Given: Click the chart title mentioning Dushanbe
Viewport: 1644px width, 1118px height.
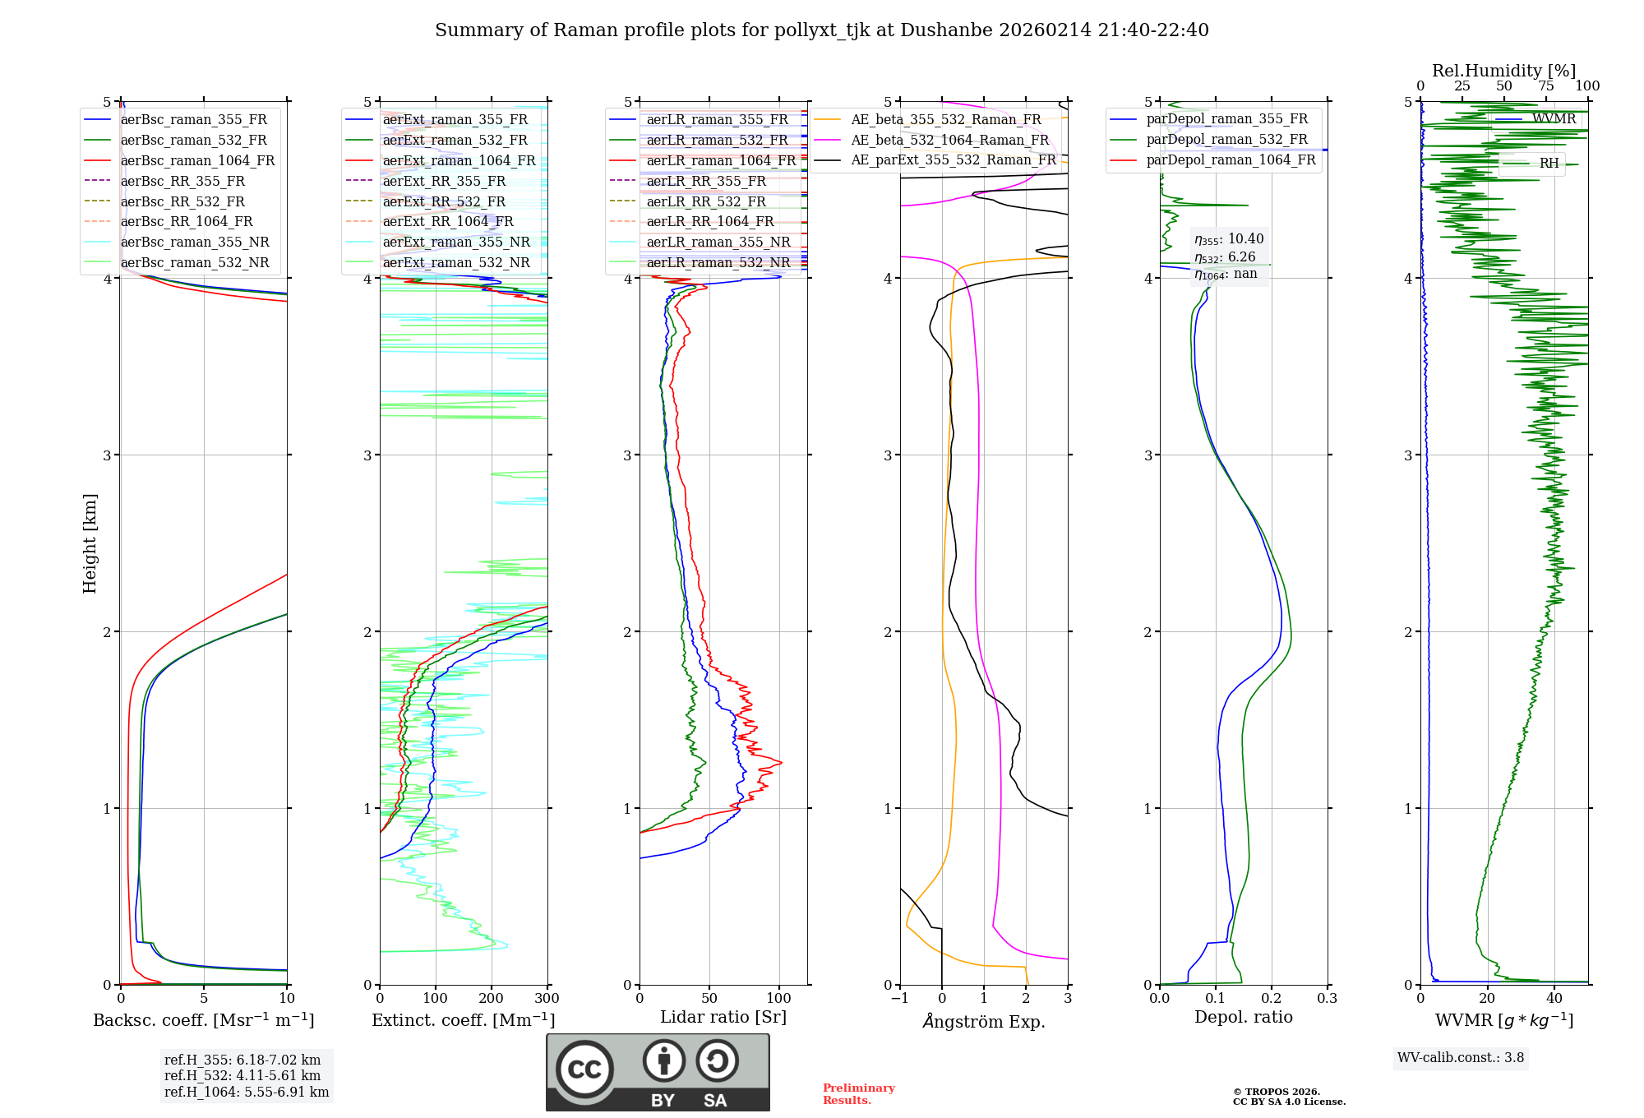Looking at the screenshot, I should pos(821,30).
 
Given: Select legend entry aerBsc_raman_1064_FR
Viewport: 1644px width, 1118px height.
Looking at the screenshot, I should pos(197,161).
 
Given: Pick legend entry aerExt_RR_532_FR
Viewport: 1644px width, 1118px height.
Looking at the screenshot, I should pos(443,201).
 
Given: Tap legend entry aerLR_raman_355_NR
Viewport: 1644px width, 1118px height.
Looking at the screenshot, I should pos(718,243).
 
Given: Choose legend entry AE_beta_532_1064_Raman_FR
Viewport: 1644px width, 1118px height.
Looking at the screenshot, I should pos(949,140).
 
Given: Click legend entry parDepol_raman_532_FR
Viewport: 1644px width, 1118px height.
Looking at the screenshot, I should pos(1226,140).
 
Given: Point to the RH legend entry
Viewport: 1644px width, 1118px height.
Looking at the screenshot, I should pos(1549,164).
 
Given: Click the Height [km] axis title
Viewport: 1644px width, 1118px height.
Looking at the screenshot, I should pos(90,543).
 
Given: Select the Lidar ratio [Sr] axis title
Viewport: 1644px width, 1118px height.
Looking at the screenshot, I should pos(723,1017).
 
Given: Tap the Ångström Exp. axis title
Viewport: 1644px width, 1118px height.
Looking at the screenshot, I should pos(983,1021).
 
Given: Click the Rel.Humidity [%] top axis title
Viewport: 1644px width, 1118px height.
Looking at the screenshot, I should pos(1503,71).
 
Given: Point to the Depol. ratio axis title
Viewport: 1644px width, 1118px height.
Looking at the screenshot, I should pos(1243,1017).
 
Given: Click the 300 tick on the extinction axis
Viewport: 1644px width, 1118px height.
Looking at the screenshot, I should pos(547,999).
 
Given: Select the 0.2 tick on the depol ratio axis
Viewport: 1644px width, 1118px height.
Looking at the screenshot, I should pos(1271,999).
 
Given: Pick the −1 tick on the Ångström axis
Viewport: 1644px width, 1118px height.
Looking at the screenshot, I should pos(899,999).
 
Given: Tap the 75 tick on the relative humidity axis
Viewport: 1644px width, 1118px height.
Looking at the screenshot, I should pos(1545,86).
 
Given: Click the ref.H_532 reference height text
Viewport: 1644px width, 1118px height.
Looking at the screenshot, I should pos(242,1075).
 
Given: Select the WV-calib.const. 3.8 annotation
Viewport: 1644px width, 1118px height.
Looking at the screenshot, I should pos(1460,1057).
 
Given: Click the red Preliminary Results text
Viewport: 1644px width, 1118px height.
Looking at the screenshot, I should pos(858,1093).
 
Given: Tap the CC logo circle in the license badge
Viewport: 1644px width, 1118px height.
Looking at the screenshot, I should pos(584,1069).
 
